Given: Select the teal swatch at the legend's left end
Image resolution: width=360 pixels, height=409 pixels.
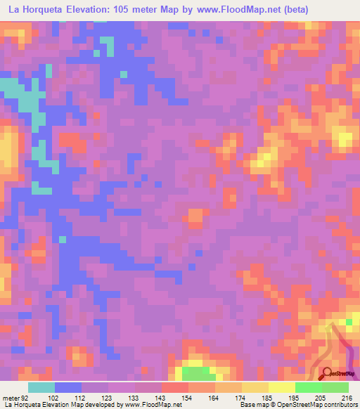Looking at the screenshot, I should [x=41, y=387].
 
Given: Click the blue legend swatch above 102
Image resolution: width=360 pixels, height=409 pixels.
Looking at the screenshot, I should [x=68, y=387].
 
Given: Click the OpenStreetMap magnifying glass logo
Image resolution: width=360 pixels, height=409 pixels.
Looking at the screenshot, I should [x=326, y=373].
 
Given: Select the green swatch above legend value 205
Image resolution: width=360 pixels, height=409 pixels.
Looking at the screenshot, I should [x=309, y=387].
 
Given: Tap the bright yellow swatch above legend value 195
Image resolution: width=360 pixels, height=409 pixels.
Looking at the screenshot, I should [x=282, y=387].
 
